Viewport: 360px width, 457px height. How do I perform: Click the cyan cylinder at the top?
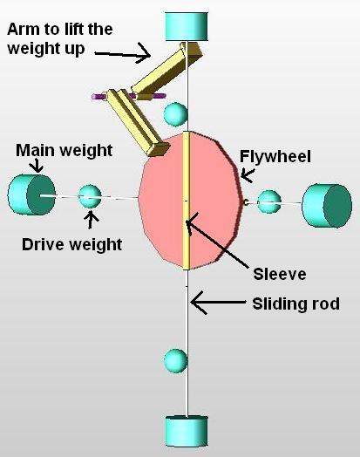tap(187, 26)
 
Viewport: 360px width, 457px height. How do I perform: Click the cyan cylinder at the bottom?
tap(187, 432)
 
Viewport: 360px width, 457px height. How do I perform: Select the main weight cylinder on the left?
tap(31, 194)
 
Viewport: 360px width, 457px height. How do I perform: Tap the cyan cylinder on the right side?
tap(327, 205)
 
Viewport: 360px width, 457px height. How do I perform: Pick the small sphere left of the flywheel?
tap(90, 196)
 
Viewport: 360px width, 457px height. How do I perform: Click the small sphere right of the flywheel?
tap(269, 201)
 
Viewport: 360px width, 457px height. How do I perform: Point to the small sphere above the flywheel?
tap(175, 114)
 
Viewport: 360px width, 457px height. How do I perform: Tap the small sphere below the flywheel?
tap(175, 360)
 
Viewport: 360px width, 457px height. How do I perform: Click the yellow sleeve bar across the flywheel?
tap(187, 201)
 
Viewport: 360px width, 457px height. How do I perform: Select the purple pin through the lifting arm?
tap(129, 96)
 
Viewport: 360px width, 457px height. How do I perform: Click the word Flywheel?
tap(275, 156)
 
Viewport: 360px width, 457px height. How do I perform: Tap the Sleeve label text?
tap(280, 274)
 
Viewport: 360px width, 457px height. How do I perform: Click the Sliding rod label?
tap(295, 304)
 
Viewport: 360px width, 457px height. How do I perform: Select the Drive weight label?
tap(72, 244)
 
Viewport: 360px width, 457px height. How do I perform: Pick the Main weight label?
tap(65, 150)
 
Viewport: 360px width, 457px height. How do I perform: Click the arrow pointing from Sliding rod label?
tap(219, 303)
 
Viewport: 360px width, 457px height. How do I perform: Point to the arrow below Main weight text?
tap(37, 166)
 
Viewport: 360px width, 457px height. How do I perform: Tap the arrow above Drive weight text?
tap(92, 219)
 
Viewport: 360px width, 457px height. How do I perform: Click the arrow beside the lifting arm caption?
tap(122, 53)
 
